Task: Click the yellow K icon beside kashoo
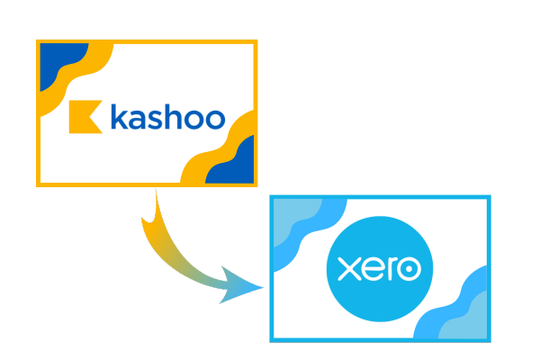83,117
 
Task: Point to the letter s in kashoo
155,120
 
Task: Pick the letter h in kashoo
173,117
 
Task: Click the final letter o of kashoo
214,120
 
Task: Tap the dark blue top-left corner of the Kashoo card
58,62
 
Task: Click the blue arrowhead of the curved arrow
241,286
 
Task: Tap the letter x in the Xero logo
349,269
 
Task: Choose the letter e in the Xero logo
373,268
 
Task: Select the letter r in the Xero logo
391,268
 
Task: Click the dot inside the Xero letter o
409,268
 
